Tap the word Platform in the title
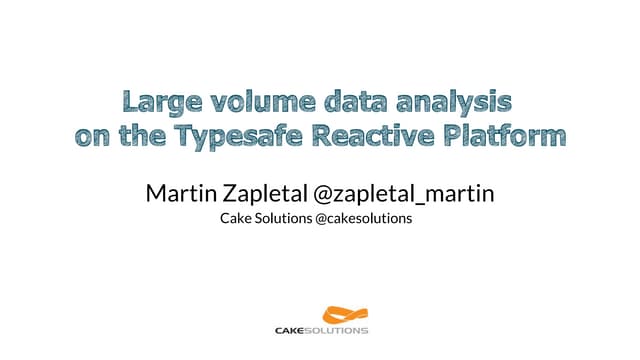point(508,135)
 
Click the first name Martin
point(179,191)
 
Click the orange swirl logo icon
point(322,313)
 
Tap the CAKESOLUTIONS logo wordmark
point(321,330)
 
